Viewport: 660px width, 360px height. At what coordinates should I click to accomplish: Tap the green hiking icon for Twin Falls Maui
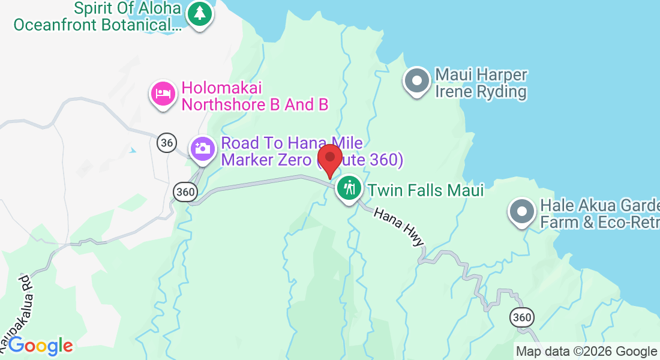[348, 188]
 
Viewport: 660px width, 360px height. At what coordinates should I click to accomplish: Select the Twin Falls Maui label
[425, 191]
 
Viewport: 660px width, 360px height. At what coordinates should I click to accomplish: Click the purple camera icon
[203, 148]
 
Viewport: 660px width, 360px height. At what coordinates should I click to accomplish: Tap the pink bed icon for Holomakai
[163, 94]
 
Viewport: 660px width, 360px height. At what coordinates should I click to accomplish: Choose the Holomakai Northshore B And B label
[254, 97]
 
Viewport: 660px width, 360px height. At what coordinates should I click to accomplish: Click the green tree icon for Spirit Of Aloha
[199, 13]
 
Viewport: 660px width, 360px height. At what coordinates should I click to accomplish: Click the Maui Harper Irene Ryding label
[481, 83]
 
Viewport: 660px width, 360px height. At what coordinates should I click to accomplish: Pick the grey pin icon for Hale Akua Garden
[521, 212]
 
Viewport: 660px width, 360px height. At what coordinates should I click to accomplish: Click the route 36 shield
[167, 142]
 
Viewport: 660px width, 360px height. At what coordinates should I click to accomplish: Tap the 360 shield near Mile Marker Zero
[185, 191]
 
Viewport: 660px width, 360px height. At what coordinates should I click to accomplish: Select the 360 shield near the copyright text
[521, 317]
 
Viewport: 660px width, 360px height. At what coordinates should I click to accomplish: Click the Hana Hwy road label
[399, 226]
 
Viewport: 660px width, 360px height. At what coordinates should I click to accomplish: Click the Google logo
[40, 346]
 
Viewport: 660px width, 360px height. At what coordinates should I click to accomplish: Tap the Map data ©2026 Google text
[586, 352]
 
